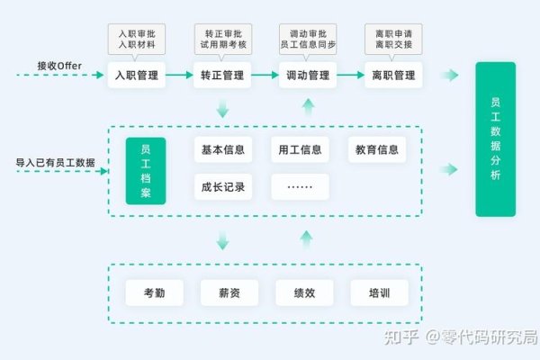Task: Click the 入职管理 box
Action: [x=137, y=76]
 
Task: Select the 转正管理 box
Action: [x=222, y=76]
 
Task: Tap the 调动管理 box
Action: [x=308, y=76]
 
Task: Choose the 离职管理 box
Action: [x=393, y=76]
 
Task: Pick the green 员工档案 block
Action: [x=146, y=171]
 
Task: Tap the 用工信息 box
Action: [x=300, y=149]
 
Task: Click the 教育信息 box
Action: [x=376, y=149]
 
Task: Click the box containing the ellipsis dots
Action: [x=300, y=187]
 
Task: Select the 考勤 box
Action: [x=154, y=292]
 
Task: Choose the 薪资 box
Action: [x=229, y=292]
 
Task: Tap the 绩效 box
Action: [x=305, y=292]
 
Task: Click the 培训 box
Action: [x=380, y=292]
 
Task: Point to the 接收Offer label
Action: [x=59, y=65]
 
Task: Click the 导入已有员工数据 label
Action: [x=55, y=163]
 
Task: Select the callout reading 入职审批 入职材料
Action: [x=137, y=37]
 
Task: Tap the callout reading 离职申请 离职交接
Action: [x=393, y=37]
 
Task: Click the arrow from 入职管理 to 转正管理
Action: [x=180, y=76]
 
